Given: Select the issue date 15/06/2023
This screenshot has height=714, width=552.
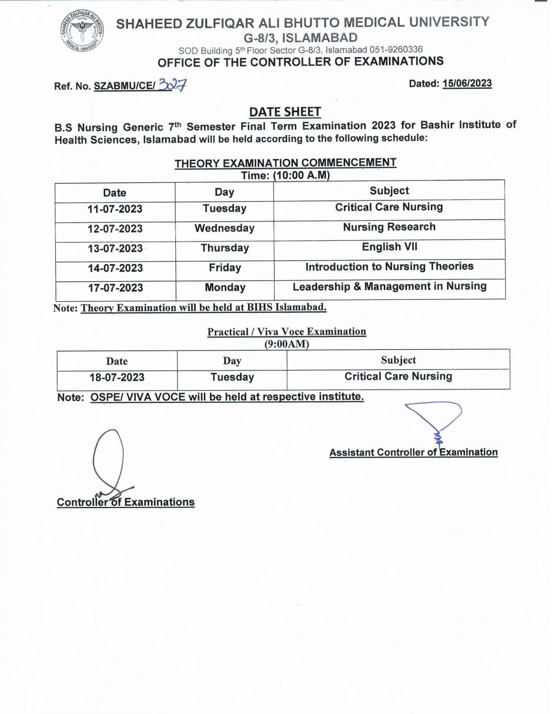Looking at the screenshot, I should pyautogui.click(x=467, y=84).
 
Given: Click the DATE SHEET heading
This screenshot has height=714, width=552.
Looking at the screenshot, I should pyautogui.click(x=285, y=112).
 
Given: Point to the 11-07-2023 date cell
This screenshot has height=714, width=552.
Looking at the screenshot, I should pyautogui.click(x=115, y=209).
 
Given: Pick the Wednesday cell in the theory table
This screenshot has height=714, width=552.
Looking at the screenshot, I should pyautogui.click(x=224, y=228).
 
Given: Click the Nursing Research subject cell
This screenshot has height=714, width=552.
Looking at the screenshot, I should pyautogui.click(x=389, y=227).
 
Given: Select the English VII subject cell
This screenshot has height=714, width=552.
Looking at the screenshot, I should pyautogui.click(x=389, y=247).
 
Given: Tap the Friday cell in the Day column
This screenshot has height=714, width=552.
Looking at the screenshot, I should pyautogui.click(x=225, y=268).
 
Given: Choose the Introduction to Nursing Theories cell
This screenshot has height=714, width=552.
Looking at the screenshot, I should pyautogui.click(x=389, y=267).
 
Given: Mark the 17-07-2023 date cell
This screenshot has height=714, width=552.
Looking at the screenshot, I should pyautogui.click(x=115, y=288).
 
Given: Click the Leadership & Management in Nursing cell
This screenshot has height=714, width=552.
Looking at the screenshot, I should pyautogui.click(x=389, y=286).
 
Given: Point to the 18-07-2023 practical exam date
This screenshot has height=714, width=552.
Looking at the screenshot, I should pyautogui.click(x=117, y=378).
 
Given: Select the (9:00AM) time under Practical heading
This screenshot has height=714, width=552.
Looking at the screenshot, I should pyautogui.click(x=286, y=344).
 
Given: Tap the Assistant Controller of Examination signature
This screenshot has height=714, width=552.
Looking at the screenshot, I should pyautogui.click(x=435, y=422).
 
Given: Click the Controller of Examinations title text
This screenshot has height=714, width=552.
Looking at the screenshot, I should pyautogui.click(x=126, y=502).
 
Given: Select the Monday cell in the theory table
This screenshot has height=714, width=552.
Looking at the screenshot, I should pyautogui.click(x=225, y=288).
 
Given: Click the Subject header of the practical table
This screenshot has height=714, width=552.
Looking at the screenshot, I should pyautogui.click(x=398, y=360).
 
